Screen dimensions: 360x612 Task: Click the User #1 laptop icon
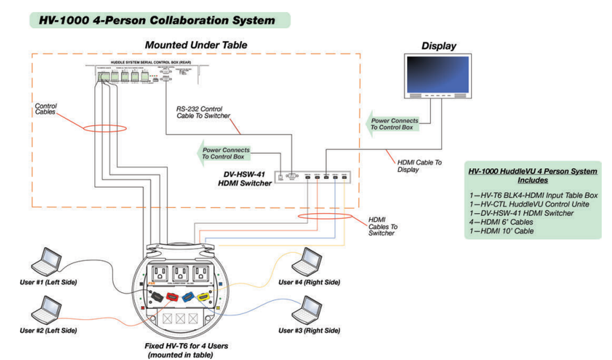click(x=45, y=261)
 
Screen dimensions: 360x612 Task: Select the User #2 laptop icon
click(x=45, y=308)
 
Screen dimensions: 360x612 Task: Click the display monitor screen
click(x=437, y=73)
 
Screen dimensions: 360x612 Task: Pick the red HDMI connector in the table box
click(x=171, y=296)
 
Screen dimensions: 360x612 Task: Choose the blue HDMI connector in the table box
click(x=188, y=296)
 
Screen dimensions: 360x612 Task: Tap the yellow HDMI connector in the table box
click(x=204, y=296)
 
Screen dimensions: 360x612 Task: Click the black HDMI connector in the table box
click(x=156, y=296)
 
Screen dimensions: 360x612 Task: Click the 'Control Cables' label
click(x=45, y=110)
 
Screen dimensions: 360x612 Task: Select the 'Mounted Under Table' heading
click(x=196, y=45)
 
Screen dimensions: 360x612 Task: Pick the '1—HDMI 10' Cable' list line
click(x=504, y=230)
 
